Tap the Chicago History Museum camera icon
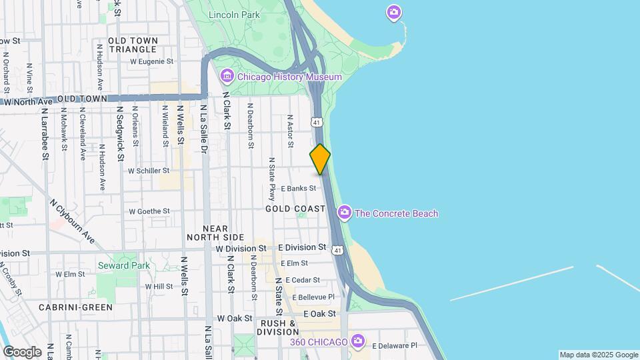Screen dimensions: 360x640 [x=227, y=77]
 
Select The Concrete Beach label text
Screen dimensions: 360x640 [x=396, y=213]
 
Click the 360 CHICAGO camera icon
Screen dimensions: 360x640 [x=358, y=341]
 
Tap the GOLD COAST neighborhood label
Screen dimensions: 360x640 [x=295, y=209]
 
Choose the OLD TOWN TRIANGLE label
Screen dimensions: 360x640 [x=133, y=45]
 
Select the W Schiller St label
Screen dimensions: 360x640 [x=149, y=171]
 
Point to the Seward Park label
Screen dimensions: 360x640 [x=123, y=265]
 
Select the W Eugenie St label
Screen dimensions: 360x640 [x=151, y=61]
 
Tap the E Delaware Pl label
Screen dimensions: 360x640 [x=394, y=345]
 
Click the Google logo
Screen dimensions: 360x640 [x=22, y=351]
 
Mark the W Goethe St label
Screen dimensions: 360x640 [x=149, y=211]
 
